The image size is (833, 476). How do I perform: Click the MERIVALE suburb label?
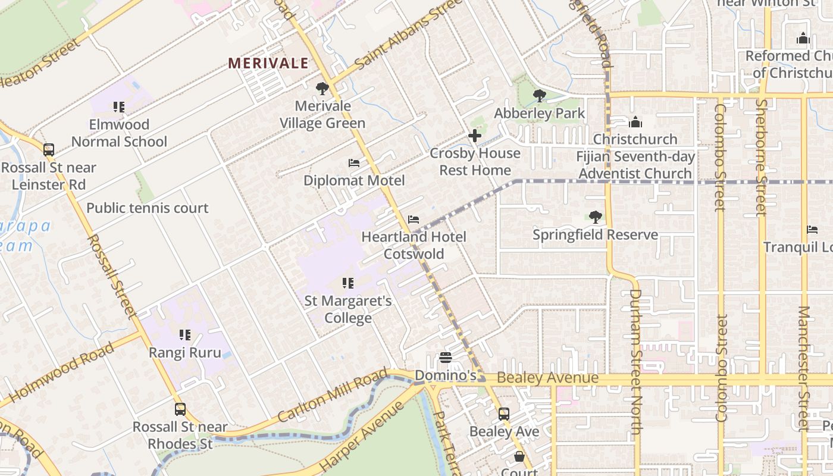pos(268,63)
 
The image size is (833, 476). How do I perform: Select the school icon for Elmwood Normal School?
pos(119,108)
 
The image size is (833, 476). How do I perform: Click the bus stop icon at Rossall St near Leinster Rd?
pos(49,150)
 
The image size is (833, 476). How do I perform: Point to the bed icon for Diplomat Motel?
pos(354,163)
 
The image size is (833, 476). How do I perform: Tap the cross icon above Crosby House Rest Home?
pos(475,136)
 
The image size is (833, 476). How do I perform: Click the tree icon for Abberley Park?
pos(539,96)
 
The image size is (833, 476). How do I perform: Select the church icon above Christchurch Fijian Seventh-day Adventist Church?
pos(635,122)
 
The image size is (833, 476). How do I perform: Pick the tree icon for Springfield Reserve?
pos(595,217)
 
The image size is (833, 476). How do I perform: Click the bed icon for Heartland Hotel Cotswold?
pos(414,220)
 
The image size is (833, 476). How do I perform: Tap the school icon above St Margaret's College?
pos(348,283)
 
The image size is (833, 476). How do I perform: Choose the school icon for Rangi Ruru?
pos(185,335)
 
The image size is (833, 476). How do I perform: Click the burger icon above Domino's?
pos(446,358)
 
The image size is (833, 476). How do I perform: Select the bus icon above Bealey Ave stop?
pos(504,414)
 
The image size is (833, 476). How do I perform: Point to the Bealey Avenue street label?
pos(547,378)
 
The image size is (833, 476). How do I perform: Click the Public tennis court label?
pos(148,208)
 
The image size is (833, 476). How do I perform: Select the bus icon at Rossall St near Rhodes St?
pos(180,409)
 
